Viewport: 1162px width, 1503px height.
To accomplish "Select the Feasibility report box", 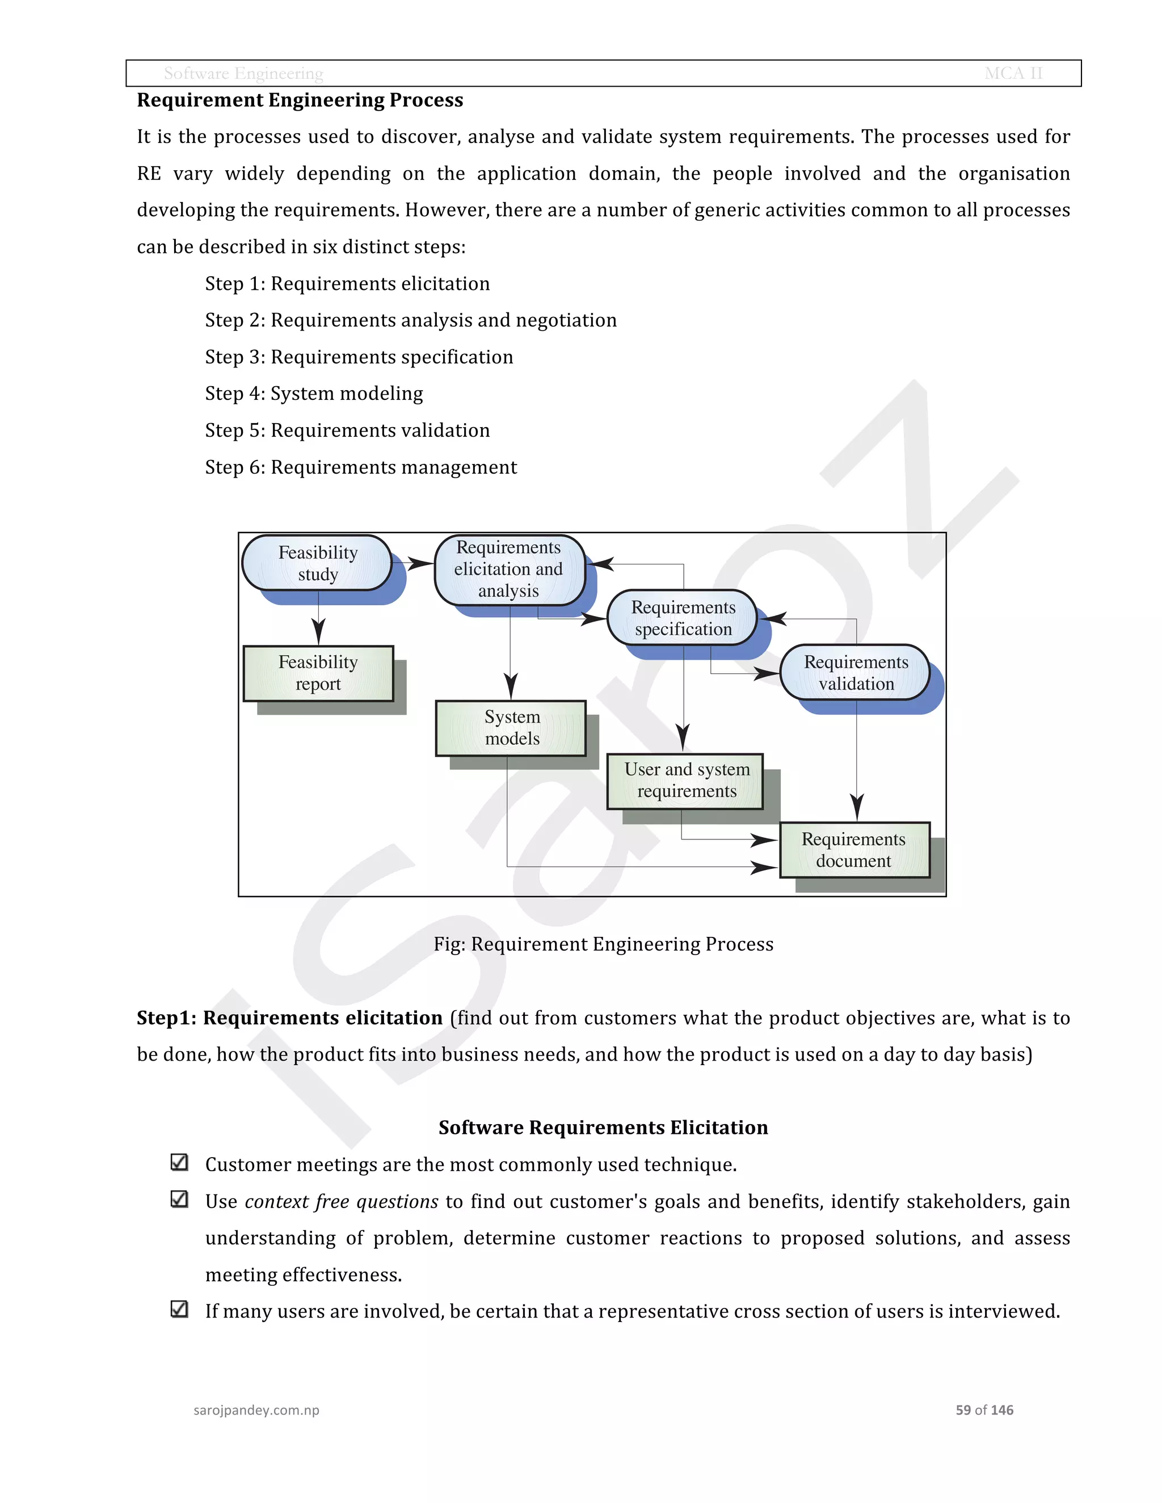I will coord(318,673).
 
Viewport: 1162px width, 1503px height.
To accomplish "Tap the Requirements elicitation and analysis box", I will coord(509,569).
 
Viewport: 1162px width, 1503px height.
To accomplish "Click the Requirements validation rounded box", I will coord(855,672).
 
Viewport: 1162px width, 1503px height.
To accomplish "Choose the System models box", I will coord(511,728).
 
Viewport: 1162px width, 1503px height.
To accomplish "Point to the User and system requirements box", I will coord(685,780).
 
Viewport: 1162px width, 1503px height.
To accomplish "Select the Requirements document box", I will coord(854,850).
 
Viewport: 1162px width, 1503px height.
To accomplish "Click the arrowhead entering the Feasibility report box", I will coord(318,632).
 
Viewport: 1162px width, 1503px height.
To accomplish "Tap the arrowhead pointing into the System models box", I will coord(511,687).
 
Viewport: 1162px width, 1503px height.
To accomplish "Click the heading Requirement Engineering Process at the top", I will coord(300,100).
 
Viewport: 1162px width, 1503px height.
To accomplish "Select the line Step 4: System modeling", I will coord(314,394).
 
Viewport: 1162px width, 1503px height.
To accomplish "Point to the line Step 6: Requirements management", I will coord(361,467).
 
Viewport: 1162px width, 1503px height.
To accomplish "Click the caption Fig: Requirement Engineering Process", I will coord(603,944).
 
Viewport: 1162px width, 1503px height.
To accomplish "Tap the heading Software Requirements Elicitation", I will coord(603,1128).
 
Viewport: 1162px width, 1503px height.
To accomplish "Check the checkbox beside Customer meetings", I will coord(179,1162).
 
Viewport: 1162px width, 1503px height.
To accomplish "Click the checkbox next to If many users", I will coord(179,1309).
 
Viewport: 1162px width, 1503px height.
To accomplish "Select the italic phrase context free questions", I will coord(342,1202).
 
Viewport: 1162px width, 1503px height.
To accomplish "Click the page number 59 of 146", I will coord(984,1410).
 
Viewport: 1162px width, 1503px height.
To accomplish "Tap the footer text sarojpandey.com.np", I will coord(256,1410).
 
